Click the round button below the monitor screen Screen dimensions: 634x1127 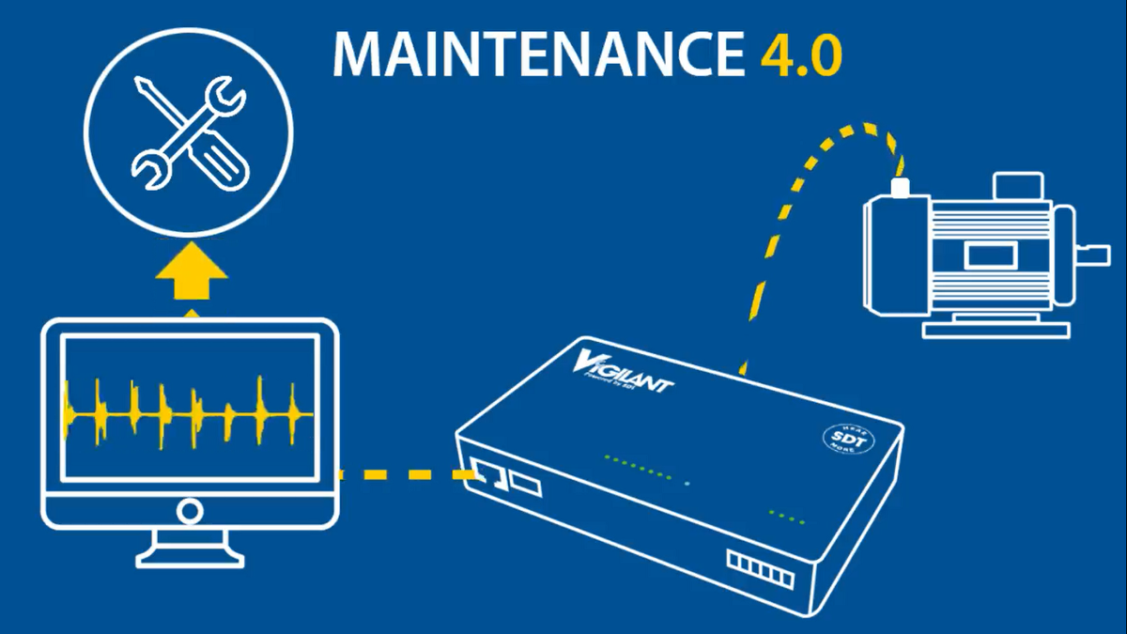pyautogui.click(x=191, y=511)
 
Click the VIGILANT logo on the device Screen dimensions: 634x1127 pyautogui.click(x=625, y=370)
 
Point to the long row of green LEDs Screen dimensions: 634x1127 pyautogui.click(x=639, y=467)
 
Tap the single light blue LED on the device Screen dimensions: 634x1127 pyautogui.click(x=687, y=483)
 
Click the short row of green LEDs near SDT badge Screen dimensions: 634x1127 pyautogui.click(x=787, y=516)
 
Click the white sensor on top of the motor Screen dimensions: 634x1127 pyautogui.click(x=901, y=188)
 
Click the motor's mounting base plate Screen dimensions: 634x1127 pyautogui.click(x=996, y=329)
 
